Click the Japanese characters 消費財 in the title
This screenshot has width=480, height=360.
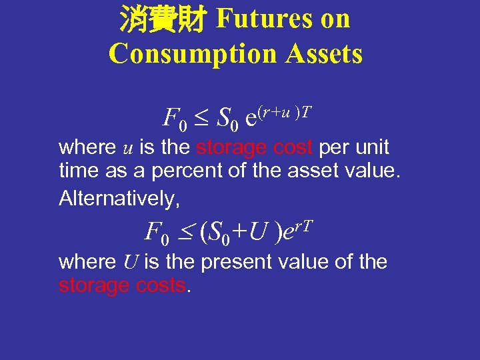161,19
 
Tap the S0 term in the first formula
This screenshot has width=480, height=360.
225,120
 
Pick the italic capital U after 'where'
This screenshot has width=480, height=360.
130,262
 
